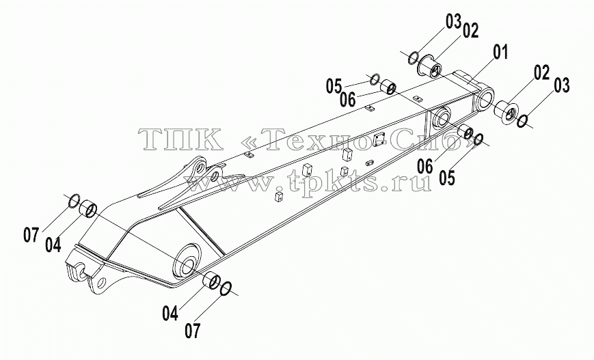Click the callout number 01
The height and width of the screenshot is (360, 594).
(500, 53)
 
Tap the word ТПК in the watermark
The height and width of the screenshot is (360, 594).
(181, 139)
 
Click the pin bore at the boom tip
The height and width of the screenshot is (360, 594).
(485, 99)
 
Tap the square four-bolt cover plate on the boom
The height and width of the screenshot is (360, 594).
(379, 139)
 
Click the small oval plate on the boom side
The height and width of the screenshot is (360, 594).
(370, 163)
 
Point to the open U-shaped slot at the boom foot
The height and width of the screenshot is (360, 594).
(81, 273)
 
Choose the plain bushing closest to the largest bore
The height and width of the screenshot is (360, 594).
(210, 281)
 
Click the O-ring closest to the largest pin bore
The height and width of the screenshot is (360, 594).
(226, 288)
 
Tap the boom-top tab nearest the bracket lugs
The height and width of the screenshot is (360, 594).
(249, 154)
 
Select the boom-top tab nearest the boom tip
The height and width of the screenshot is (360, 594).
(418, 98)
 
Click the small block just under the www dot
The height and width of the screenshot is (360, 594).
(278, 196)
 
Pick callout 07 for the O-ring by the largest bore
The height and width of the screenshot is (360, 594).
(193, 331)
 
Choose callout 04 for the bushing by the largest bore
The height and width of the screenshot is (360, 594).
(170, 314)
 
